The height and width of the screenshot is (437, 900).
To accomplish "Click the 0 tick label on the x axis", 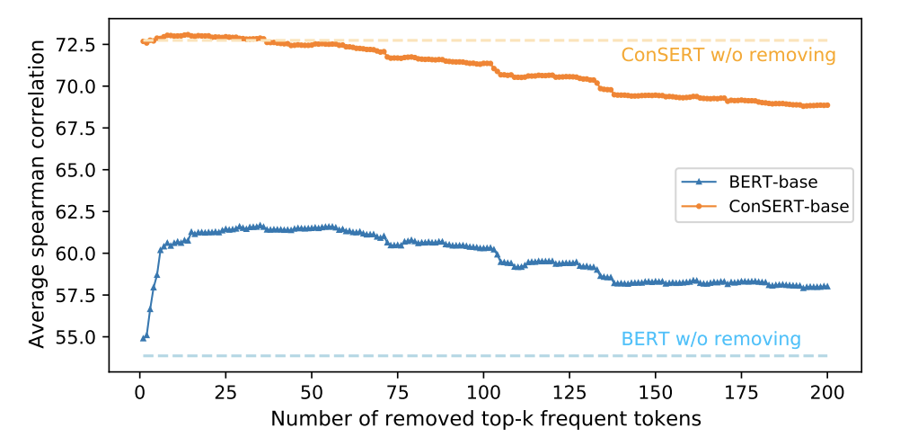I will coord(139,393).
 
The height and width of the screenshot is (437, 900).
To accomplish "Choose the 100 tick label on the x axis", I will coord(483,393).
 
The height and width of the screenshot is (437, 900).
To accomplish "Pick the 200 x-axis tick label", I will coord(827,393).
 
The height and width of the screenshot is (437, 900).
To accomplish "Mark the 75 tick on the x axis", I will coord(397,393).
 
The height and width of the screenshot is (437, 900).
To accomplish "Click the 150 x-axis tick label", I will coord(656,393).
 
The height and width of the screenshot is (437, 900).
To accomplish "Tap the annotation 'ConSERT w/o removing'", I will coord(728,56).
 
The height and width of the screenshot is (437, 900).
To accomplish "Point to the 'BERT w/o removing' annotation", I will coord(710,339).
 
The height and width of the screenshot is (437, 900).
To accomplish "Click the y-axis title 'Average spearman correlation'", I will coord(37,195).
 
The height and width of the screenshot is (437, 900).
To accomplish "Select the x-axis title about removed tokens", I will coord(485,418).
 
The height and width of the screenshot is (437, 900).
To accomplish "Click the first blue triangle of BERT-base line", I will coord(143,338).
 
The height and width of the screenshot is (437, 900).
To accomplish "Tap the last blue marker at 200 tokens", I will coord(827,287).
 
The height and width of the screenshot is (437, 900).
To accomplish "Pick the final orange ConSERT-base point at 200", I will coord(827,105).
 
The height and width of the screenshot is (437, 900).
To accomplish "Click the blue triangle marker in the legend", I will coord(701,183).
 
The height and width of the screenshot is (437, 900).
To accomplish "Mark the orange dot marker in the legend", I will coord(701,206).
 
